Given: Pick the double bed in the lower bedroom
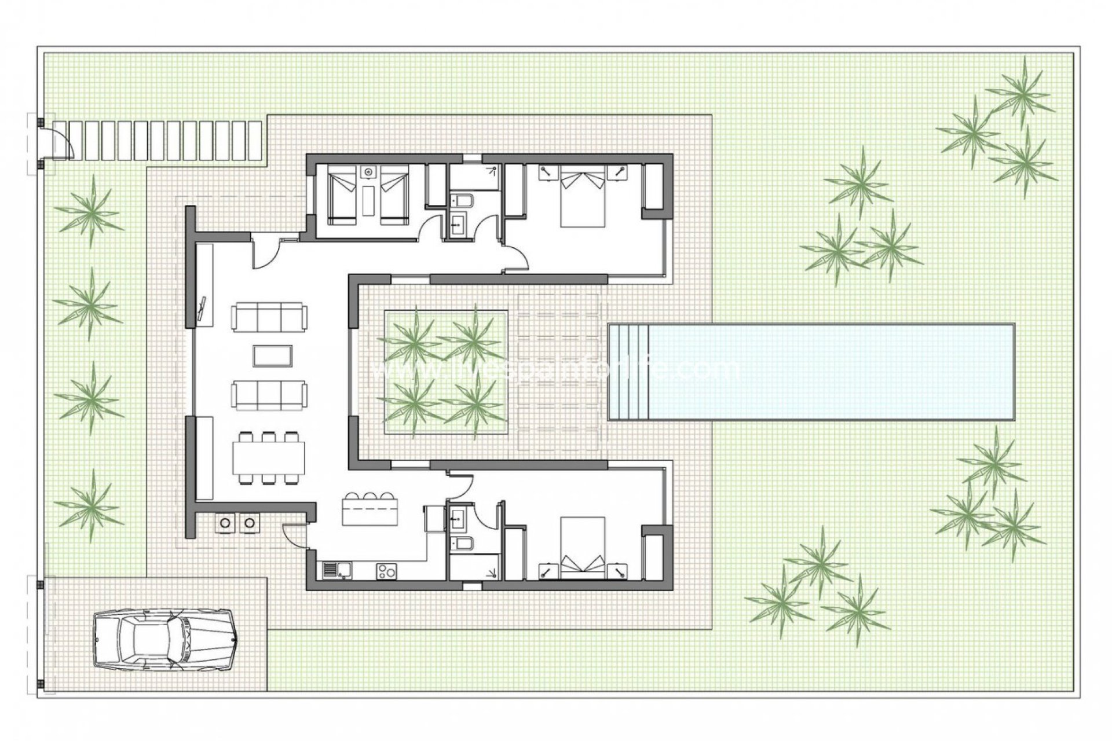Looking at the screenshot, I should point(583,548).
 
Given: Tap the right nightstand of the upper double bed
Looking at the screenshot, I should point(619,171).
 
